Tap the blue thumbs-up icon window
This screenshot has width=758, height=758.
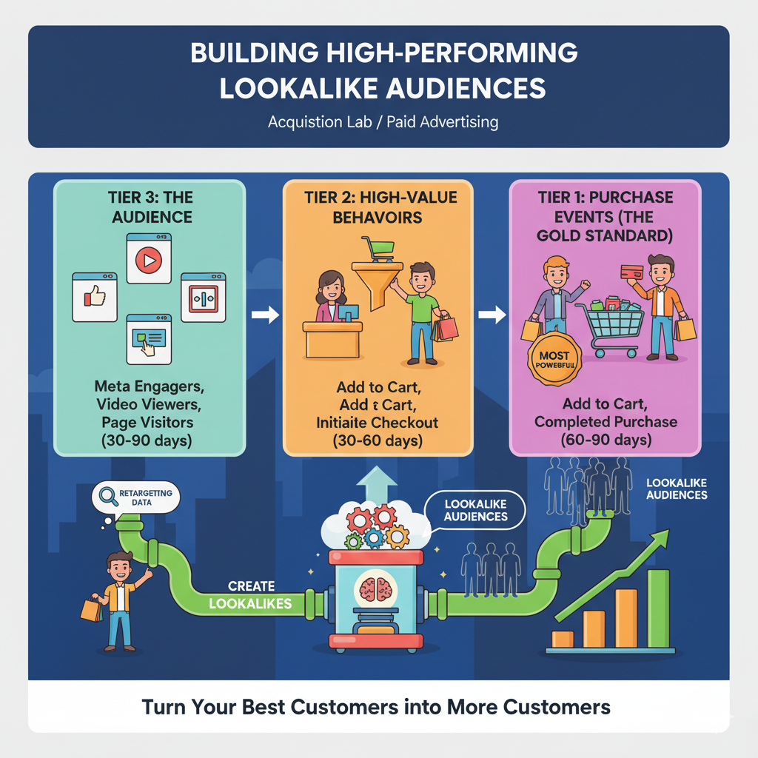pyautogui.click(x=95, y=297)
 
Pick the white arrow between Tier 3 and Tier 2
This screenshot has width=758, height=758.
pyautogui.click(x=264, y=315)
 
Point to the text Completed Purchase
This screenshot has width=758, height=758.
pyautogui.click(x=605, y=422)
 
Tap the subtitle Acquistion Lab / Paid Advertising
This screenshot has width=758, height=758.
pyautogui.click(x=383, y=121)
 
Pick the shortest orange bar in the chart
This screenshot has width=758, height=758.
pyautogui.click(x=563, y=640)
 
